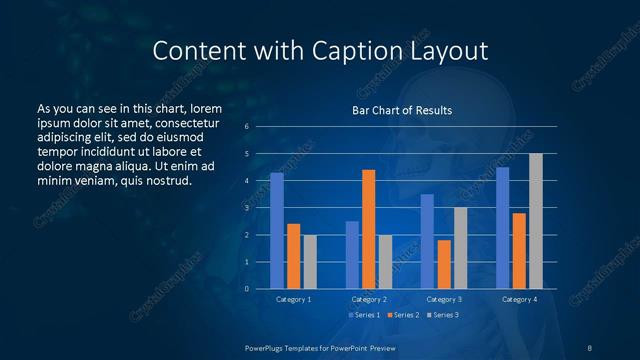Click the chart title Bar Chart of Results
pos(401,110)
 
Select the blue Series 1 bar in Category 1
pos(277,231)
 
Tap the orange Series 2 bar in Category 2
pos(368,229)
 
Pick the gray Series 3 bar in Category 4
pos(536,221)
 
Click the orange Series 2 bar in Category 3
pos(444,264)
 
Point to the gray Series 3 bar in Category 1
pos(310,262)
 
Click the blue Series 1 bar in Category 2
pos(352,255)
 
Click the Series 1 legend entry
pos(364,315)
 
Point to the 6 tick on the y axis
pos(246,127)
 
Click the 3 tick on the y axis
pos(246,208)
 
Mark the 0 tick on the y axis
pos(246,289)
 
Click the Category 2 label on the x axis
pos(368,299)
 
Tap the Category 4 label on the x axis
pos(518,299)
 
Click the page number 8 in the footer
pos(589,347)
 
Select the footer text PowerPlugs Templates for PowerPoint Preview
pos(319,347)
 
